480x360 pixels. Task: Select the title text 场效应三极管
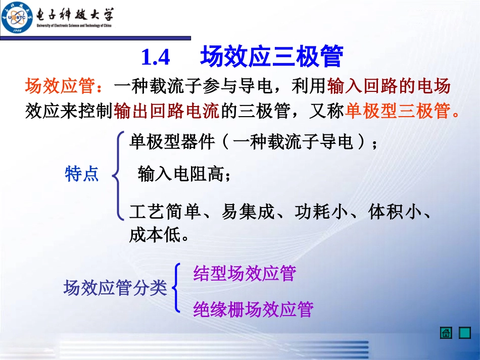coord(271,57)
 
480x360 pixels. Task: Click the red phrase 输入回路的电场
coord(389,86)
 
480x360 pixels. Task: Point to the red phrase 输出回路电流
coord(167,111)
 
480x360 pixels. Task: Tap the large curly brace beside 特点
coord(118,175)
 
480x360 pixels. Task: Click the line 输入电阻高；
coord(184,175)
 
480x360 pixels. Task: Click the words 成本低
coord(155,234)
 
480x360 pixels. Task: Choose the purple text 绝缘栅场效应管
coord(253,308)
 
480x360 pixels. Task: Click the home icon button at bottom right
coord(446,333)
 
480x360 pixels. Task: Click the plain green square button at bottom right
coord(465,333)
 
